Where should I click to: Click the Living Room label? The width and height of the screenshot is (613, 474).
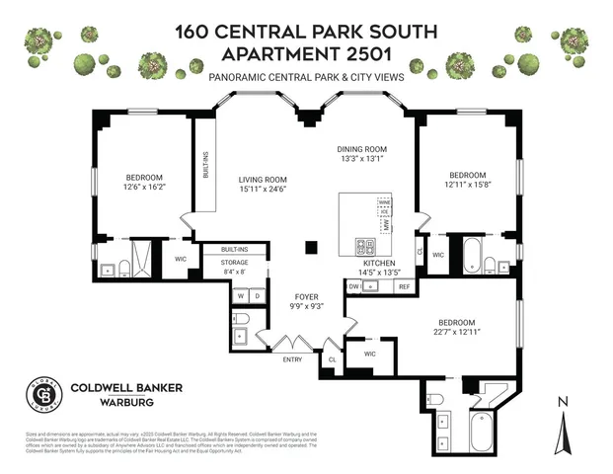click(x=262, y=180)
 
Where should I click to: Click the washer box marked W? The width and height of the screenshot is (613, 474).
click(x=240, y=295)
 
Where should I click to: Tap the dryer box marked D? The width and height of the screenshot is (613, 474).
click(x=257, y=295)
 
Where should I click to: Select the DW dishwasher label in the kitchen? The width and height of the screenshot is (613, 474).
click(x=352, y=286)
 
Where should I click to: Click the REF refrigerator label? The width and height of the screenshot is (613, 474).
click(x=403, y=286)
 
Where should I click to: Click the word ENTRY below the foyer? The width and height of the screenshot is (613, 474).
click(x=293, y=359)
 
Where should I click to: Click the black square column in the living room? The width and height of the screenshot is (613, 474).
click(x=312, y=247)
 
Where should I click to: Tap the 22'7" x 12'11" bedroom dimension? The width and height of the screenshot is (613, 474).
click(x=456, y=333)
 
